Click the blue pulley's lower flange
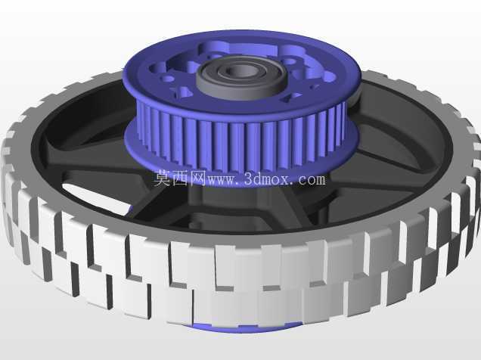(x=239, y=178)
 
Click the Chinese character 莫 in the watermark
(x=163, y=178)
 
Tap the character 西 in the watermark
(x=181, y=178)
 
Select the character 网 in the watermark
(x=198, y=178)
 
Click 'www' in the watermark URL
(x=222, y=180)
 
